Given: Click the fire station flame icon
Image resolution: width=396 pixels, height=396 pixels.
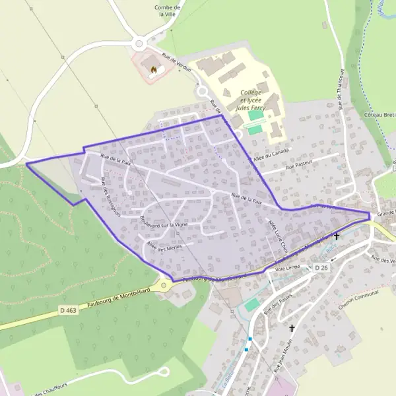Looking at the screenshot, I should point(154,69).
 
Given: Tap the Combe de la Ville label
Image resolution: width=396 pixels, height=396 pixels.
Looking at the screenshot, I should point(167,11).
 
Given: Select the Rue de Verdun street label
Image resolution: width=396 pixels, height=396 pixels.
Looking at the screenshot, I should point(175,63).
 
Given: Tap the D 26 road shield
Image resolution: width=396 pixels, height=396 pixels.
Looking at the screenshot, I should point(321,267).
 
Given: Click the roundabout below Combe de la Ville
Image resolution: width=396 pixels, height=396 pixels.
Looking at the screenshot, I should point(139,44).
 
